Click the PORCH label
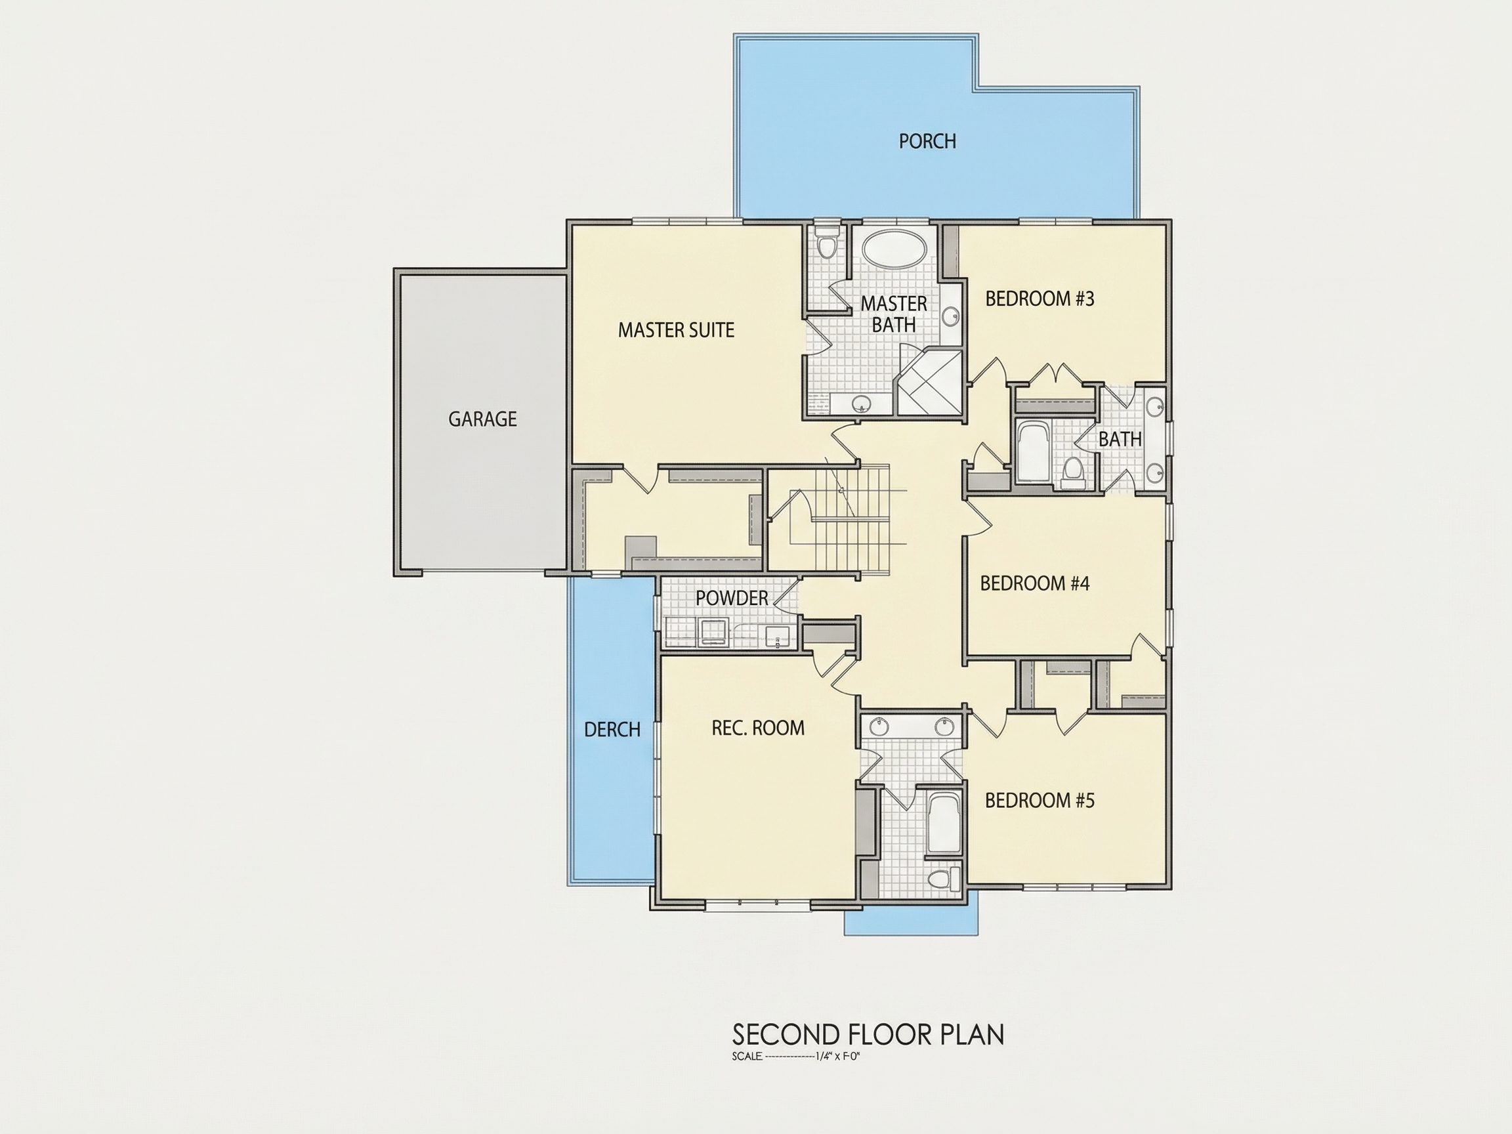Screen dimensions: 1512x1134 click(x=927, y=142)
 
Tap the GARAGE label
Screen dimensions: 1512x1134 click(x=482, y=419)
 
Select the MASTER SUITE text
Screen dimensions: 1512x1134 click(x=676, y=330)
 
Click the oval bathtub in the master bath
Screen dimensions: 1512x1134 click(x=894, y=248)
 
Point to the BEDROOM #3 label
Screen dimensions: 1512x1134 click(x=1039, y=299)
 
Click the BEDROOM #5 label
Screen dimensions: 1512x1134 click(x=1039, y=801)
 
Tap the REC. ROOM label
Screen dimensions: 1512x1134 click(x=758, y=728)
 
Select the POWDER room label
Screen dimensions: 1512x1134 click(x=732, y=598)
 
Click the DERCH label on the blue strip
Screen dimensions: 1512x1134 click(x=612, y=730)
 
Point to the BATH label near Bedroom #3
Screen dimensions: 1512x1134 click(x=1120, y=439)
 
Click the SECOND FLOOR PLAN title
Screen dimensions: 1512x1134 click(x=868, y=1034)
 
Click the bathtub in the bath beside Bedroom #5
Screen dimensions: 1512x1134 click(x=944, y=822)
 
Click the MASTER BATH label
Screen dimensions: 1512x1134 click(x=893, y=314)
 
